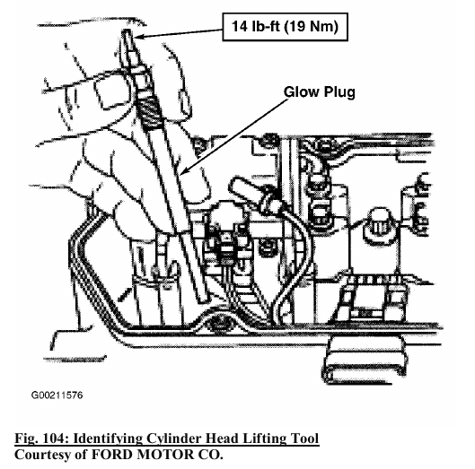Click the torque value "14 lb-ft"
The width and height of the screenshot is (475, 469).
point(255,26)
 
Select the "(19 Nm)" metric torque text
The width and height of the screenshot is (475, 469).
point(312,27)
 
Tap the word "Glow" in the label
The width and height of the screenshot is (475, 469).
point(301,91)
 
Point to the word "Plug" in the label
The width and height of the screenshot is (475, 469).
point(339,92)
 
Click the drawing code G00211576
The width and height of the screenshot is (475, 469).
point(57,395)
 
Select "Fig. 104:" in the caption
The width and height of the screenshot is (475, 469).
point(41,439)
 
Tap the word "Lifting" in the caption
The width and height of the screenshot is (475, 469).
point(265,439)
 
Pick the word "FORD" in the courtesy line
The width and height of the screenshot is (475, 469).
point(110,455)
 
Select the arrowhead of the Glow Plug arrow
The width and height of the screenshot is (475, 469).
point(183,172)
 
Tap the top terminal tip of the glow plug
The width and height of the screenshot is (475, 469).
point(127,32)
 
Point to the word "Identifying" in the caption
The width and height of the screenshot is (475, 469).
point(108,439)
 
